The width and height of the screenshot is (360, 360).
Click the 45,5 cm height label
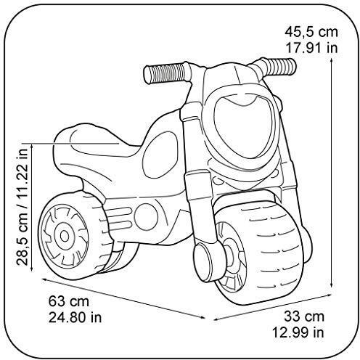311,32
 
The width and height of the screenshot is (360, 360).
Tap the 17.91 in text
311,48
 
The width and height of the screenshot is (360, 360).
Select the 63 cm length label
69,301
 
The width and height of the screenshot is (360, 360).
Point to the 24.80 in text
75,317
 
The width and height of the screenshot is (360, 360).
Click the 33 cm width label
304,316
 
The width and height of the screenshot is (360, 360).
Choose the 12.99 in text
298,332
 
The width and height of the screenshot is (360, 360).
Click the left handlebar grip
165,73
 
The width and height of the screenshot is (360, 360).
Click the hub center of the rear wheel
65,236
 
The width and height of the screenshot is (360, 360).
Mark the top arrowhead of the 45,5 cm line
331,61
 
